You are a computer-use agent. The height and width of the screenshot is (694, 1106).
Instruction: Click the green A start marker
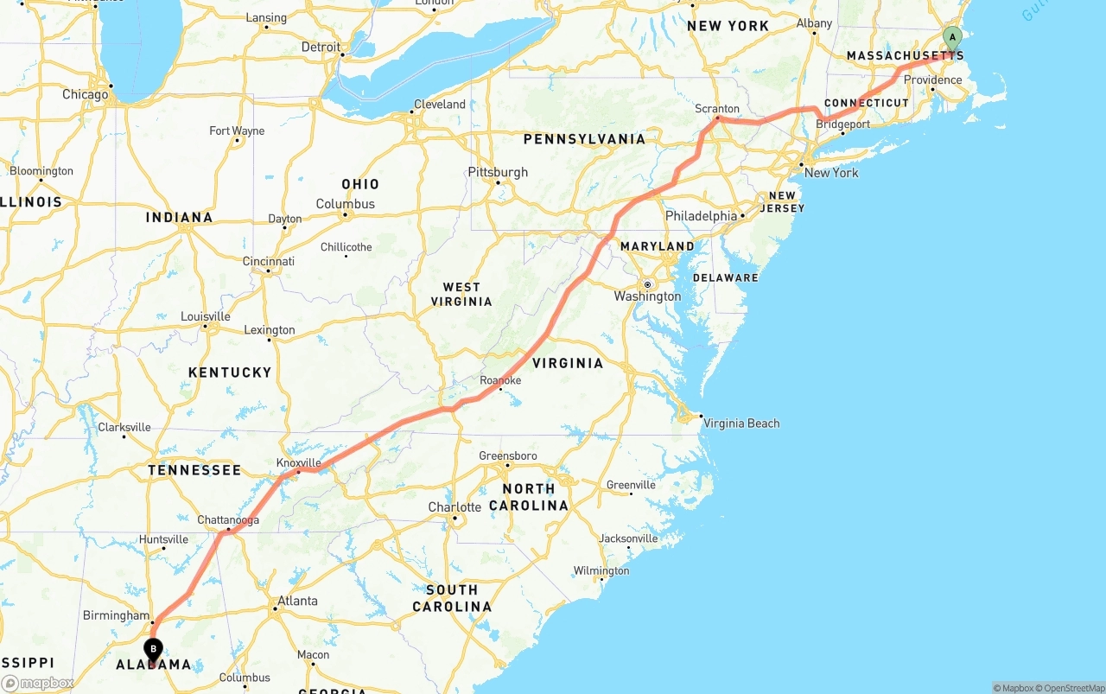click(952, 39)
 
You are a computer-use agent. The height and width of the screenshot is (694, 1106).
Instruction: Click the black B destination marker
click(153, 649)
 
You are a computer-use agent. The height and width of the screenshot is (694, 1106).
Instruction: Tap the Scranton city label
click(717, 109)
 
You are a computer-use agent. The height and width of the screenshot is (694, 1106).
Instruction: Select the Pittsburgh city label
click(498, 172)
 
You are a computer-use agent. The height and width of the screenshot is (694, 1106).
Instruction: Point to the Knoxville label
click(298, 463)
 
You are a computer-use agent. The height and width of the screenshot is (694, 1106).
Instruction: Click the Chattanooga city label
click(228, 520)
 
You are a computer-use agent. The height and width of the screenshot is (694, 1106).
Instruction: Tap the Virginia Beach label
click(741, 423)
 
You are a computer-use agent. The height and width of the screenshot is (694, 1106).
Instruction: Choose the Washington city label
click(647, 296)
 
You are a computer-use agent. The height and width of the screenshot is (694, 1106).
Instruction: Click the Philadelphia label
click(701, 216)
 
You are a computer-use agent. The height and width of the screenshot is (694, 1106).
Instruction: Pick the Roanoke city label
click(500, 380)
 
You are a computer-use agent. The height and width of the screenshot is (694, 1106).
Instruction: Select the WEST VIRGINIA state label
click(461, 295)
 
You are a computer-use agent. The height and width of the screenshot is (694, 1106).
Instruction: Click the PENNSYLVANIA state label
click(584, 139)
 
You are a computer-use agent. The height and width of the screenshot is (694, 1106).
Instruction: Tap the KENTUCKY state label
click(230, 372)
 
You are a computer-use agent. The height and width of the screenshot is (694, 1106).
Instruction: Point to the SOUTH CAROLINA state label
click(452, 598)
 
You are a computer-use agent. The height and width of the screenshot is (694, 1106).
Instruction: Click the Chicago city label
click(85, 94)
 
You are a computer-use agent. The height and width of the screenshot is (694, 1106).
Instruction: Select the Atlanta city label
click(297, 602)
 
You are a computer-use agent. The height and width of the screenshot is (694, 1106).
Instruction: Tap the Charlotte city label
click(454, 507)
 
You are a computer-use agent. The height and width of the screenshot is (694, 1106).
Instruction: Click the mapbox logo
click(38, 683)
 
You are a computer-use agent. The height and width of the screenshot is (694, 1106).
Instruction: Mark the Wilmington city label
click(601, 571)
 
